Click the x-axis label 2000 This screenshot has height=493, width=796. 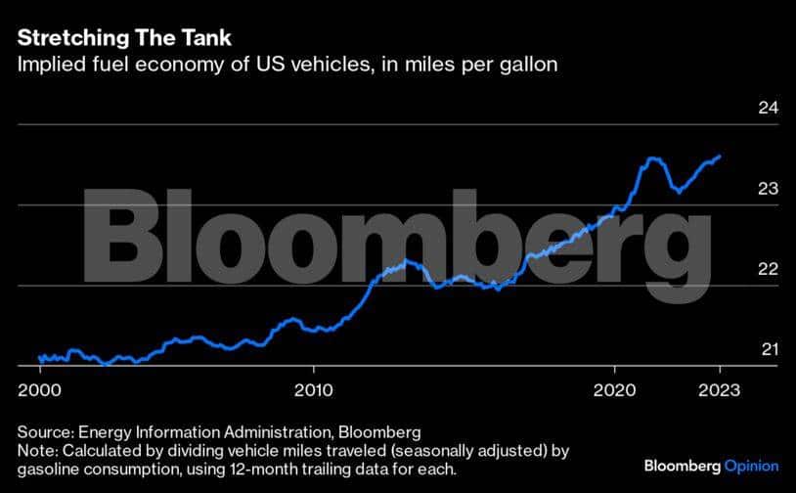[39, 389]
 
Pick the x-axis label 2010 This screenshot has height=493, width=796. [314, 389]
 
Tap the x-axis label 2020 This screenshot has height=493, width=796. [616, 389]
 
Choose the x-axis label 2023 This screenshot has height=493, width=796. [719, 389]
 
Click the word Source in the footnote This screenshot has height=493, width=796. [43, 431]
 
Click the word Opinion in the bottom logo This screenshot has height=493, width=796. [751, 466]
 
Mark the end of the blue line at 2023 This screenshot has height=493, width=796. [720, 156]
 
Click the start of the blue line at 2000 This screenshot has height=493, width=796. [39, 358]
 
